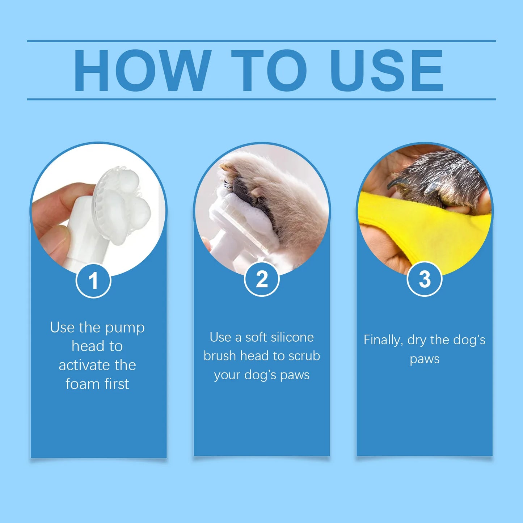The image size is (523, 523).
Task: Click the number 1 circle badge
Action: tap(93, 281)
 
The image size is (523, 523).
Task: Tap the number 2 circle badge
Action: tap(262, 279)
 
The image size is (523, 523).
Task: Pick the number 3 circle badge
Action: tap(425, 279)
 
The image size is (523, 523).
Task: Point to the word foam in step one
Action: tap(81, 384)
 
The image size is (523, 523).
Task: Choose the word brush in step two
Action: tap(220, 356)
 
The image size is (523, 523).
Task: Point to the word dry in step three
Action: tap(417, 340)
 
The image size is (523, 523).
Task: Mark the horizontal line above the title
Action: tap(261, 41)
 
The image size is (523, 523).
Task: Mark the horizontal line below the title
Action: tap(261, 99)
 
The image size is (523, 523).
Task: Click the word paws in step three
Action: tap(425, 359)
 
